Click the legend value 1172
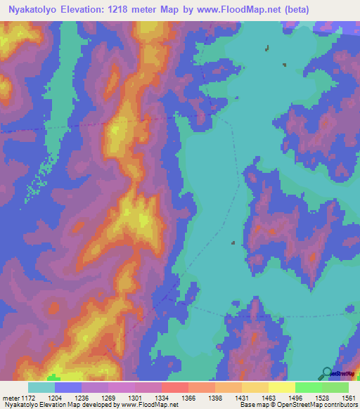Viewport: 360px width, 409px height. coord(26,398)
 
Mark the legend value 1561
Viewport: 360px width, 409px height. coord(346,398)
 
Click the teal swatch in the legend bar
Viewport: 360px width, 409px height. coord(41,387)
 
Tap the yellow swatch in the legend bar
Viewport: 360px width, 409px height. coord(281,387)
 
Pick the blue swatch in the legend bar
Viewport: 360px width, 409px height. coord(67,387)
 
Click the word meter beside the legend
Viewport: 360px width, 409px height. coord(8,398)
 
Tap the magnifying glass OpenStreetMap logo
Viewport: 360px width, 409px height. coord(326,373)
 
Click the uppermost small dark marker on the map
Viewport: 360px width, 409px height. coord(267,48)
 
